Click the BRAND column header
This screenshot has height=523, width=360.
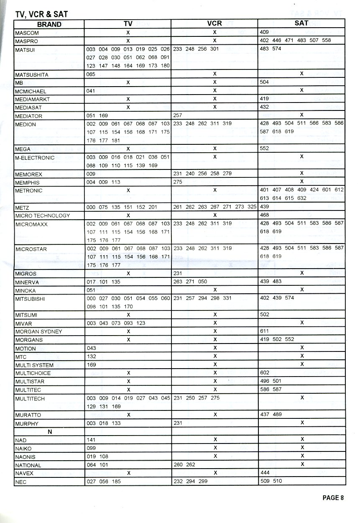tap(49, 24)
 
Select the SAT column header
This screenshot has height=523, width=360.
tap(301, 23)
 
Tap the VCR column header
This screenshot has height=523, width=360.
tap(214, 24)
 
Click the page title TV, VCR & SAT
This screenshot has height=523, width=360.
tap(41, 14)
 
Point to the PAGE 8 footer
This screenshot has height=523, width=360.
tap(333, 497)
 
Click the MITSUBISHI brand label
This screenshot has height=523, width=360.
tap(30, 299)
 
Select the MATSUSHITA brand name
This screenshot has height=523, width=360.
tap(32, 75)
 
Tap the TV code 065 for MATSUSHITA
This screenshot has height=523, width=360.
tap(91, 74)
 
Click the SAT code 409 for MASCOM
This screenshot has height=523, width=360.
tap(264, 32)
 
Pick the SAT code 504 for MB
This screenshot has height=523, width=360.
tap(264, 82)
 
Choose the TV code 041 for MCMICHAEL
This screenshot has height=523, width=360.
tap(91, 91)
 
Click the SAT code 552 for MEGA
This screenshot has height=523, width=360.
tap(264, 149)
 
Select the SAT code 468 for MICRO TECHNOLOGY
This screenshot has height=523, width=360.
tap(264, 215)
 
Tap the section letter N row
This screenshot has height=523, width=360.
tap(50, 432)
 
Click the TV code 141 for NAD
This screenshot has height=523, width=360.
tap(91, 440)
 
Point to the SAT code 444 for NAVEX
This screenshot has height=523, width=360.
tap(264, 472)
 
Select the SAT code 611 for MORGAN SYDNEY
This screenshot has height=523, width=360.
tap(264, 331)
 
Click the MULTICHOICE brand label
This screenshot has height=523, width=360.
tap(33, 373)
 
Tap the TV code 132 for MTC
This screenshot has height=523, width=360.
tap(91, 356)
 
